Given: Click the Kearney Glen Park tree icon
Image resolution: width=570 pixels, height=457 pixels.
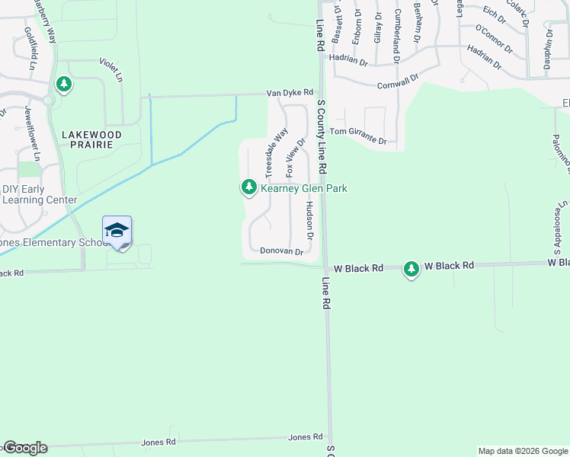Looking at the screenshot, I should coord(248,187).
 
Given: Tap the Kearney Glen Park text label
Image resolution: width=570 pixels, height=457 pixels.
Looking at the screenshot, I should coord(304,187).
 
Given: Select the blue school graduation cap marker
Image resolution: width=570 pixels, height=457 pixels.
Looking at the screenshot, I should coord(117,230).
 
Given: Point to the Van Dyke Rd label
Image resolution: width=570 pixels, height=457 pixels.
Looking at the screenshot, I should coord(290,92).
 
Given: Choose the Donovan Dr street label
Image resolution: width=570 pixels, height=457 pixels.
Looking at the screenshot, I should coord(282,251).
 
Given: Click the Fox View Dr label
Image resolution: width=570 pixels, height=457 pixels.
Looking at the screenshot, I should coord(295,158).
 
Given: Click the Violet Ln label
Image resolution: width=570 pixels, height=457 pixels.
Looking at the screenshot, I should coord(111,69).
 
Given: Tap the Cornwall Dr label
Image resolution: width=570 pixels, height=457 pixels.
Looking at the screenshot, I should coord(402,79).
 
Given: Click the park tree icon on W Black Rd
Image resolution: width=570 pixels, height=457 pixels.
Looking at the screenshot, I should coord(411,268).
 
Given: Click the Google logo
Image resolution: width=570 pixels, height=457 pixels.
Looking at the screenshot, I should coord(24,448).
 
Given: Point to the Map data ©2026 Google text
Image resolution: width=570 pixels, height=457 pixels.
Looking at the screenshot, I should coord(523,451).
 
